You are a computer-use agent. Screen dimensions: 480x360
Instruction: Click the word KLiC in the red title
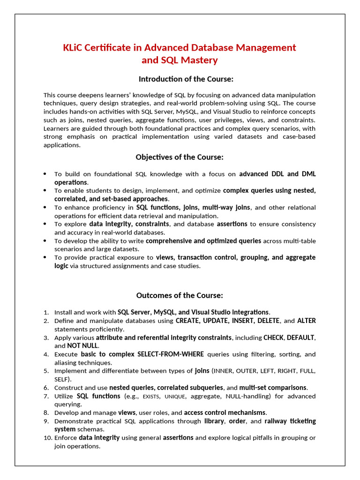[74, 48]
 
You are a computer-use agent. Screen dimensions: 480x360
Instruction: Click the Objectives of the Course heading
[180, 157]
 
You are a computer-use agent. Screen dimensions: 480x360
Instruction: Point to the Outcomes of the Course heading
[180, 295]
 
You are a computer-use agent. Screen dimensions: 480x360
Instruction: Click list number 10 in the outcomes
[47, 438]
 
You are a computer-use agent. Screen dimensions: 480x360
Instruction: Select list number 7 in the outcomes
[46, 396]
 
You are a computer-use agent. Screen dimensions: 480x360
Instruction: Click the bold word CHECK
[273, 337]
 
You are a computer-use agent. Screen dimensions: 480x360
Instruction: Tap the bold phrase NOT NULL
[82, 346]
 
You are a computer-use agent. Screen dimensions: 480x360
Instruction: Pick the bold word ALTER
[306, 321]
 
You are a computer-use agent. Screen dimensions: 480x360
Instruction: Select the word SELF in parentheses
[61, 379]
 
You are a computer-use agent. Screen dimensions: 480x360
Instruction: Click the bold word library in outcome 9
[214, 421]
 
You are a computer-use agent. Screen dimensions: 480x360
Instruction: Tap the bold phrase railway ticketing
[290, 421]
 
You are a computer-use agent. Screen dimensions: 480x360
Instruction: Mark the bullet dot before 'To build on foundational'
[45, 174]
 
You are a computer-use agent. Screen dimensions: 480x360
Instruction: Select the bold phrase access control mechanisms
[225, 412]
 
